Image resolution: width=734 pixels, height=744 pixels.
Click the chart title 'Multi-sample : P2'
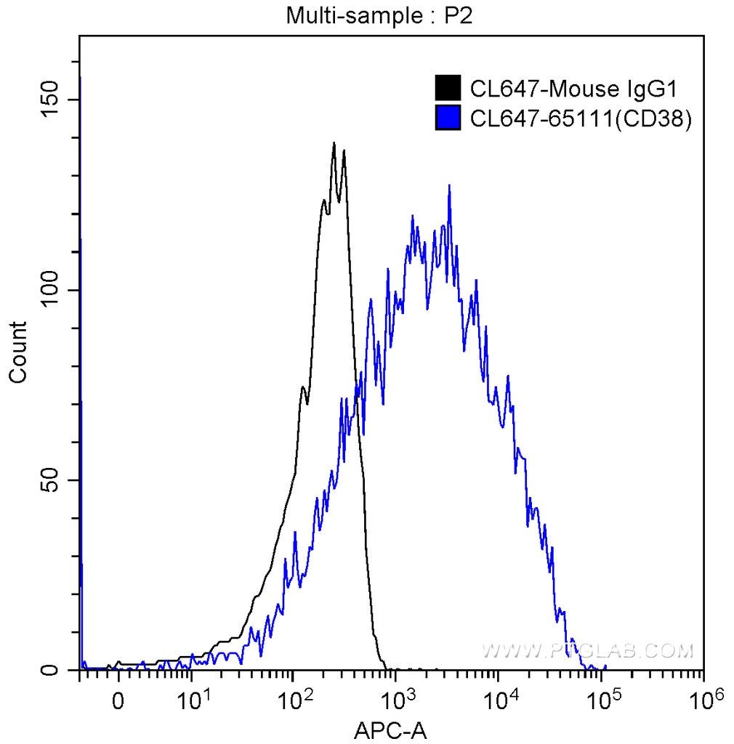(379, 15)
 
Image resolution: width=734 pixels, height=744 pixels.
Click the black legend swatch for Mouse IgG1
(448, 89)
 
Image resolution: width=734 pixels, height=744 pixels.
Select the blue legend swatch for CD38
(448, 118)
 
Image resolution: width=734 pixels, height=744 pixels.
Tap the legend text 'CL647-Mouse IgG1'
(573, 89)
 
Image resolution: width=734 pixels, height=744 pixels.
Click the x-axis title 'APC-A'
(390, 729)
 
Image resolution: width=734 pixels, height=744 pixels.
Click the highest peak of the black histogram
(334, 143)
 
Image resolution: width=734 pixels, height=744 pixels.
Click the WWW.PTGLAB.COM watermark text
(587, 650)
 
